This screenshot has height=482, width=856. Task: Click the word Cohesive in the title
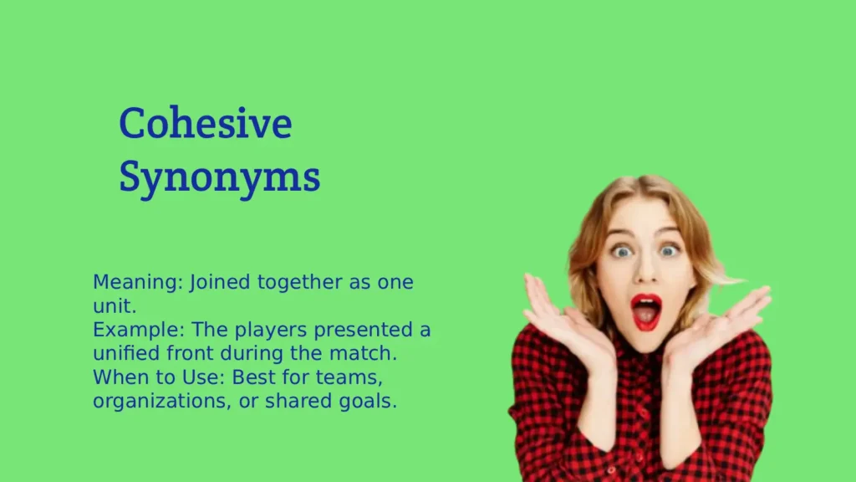tap(206, 124)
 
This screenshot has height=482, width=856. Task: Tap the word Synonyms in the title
tap(219, 177)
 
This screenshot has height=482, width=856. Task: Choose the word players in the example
tap(252, 330)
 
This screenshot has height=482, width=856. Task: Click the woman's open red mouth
tap(645, 310)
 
